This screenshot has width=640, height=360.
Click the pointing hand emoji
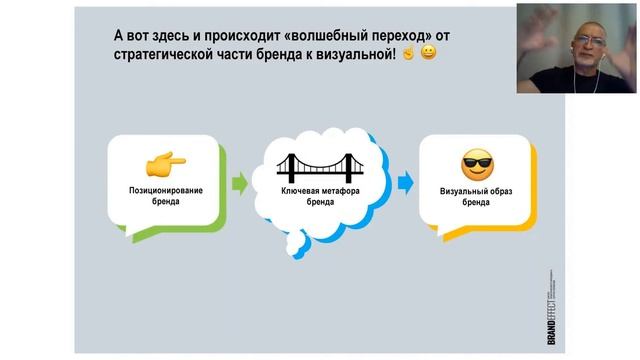pyautogui.click(x=165, y=163)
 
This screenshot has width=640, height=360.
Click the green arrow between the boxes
pyautogui.click(x=239, y=183)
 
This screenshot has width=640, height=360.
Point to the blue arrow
pyautogui.click(x=404, y=183)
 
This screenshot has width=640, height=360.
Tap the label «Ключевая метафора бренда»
pyautogui.click(x=319, y=194)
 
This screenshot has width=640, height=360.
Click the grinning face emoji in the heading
pyautogui.click(x=428, y=52)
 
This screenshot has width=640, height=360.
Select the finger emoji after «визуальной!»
pyautogui.click(x=408, y=52)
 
